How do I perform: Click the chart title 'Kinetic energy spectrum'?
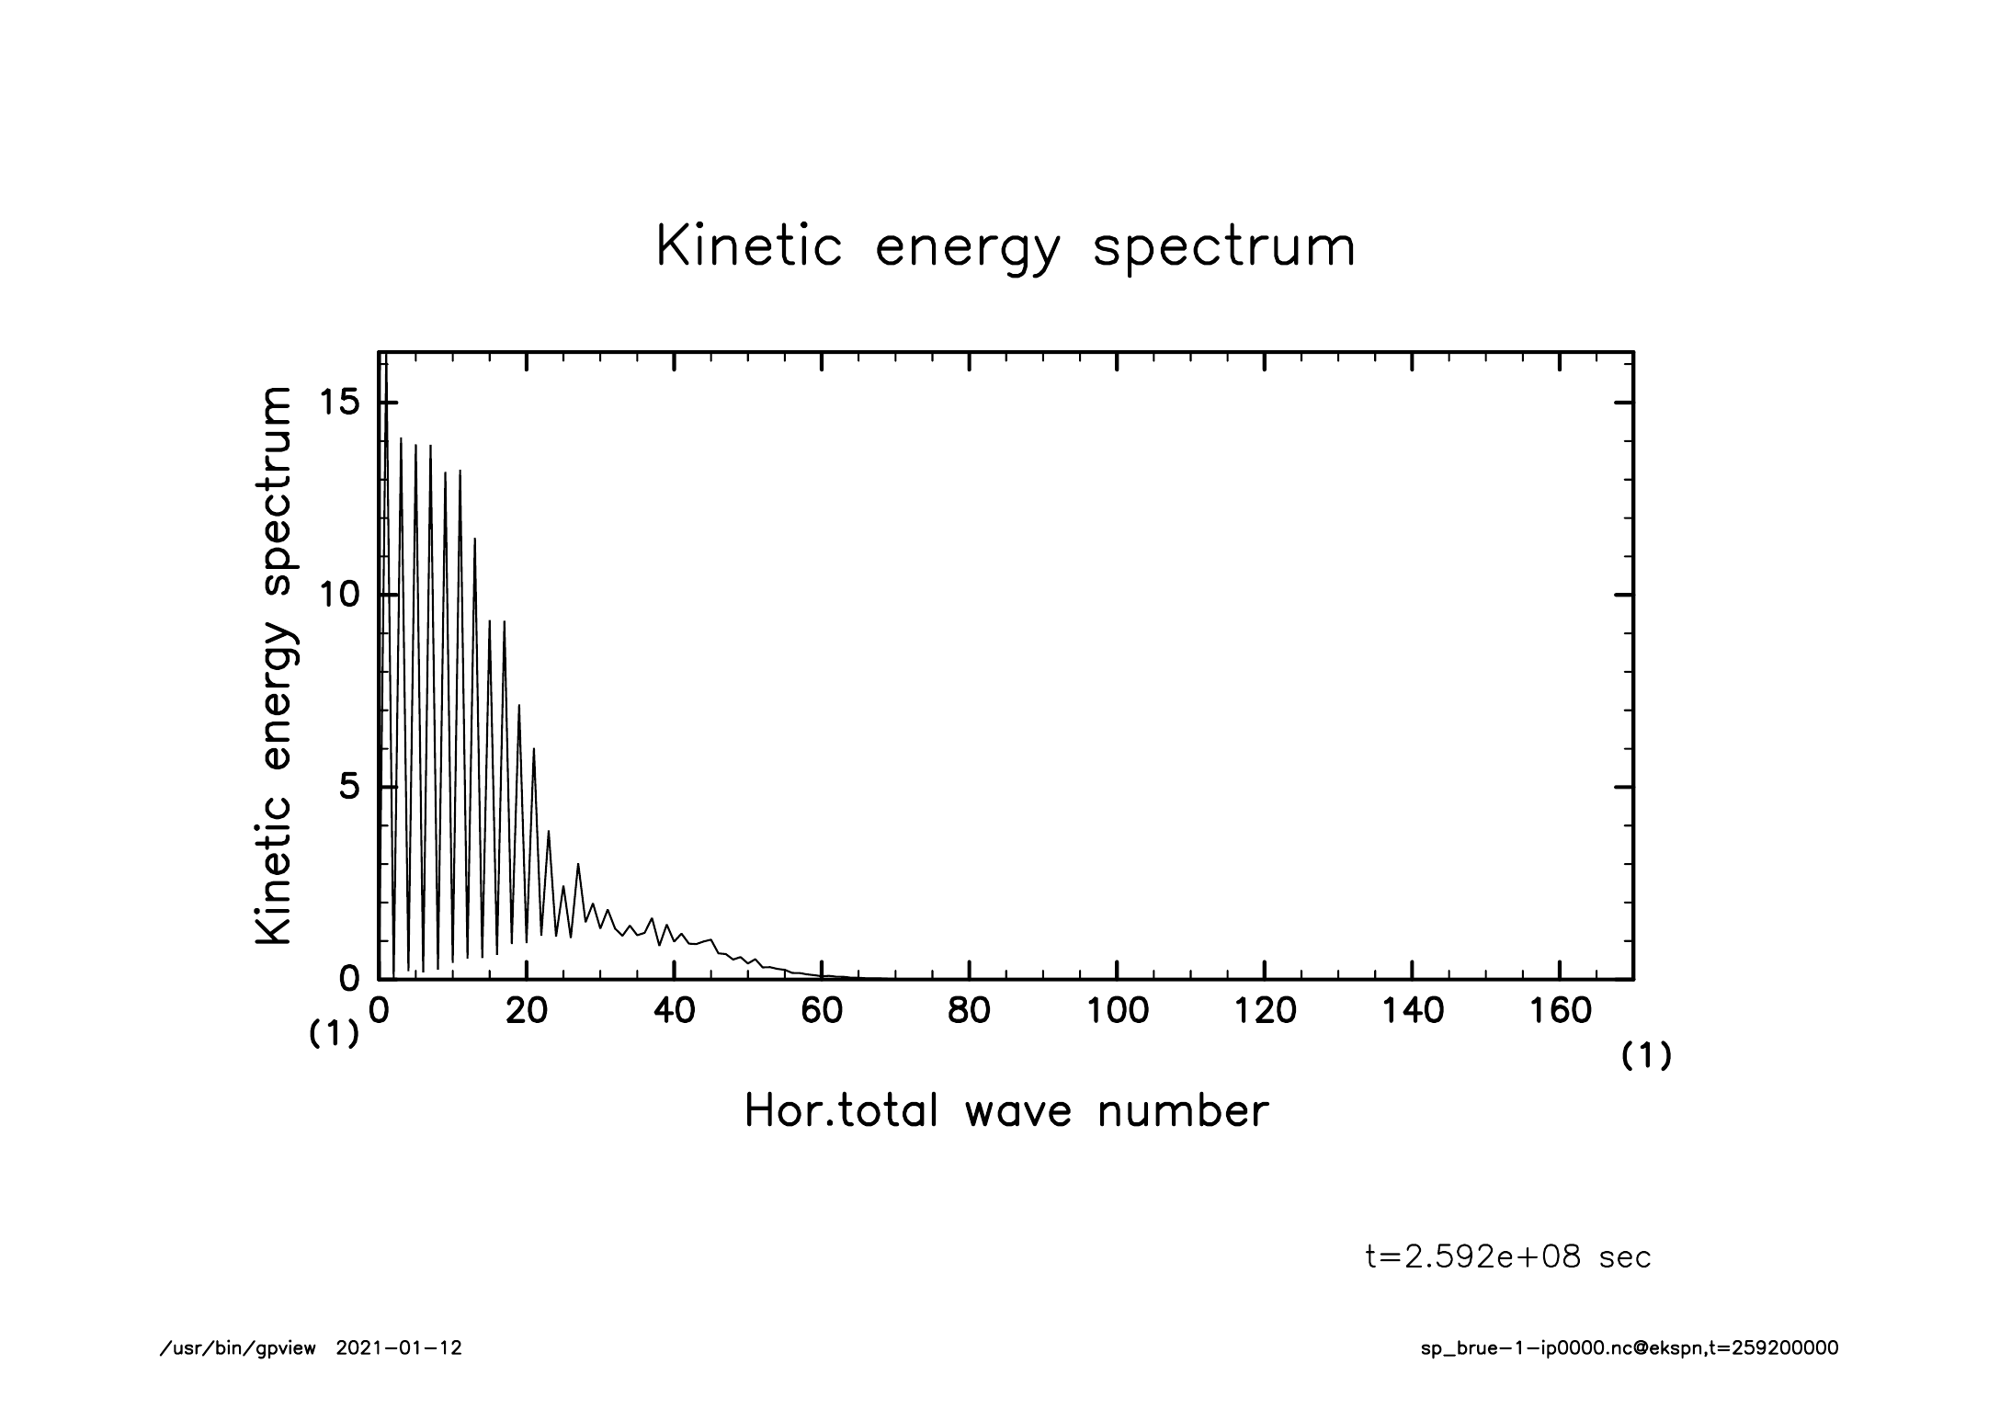pyautogui.click(x=1005, y=248)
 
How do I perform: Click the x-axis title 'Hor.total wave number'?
pyautogui.click(x=1005, y=1110)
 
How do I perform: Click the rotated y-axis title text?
pyautogui.click(x=274, y=665)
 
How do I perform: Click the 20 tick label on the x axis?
pyautogui.click(x=527, y=1011)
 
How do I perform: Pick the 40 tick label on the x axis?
pyautogui.click(x=674, y=1011)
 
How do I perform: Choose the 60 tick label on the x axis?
pyautogui.click(x=822, y=1011)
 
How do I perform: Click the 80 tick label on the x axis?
pyautogui.click(x=969, y=1011)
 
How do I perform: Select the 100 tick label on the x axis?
pyautogui.click(x=1117, y=1011)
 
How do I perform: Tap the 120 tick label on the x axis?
pyautogui.click(x=1265, y=1011)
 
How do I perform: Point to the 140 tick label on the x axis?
pyautogui.click(x=1412, y=1011)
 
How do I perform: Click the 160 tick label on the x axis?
pyautogui.click(x=1560, y=1011)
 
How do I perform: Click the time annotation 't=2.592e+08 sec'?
pyautogui.click(x=1508, y=1256)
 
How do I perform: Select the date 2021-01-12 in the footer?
pyautogui.click(x=399, y=1348)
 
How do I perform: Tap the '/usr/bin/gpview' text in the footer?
pyautogui.click(x=238, y=1348)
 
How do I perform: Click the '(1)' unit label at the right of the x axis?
pyautogui.click(x=1645, y=1057)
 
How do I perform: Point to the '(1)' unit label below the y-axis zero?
pyautogui.click(x=333, y=1035)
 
